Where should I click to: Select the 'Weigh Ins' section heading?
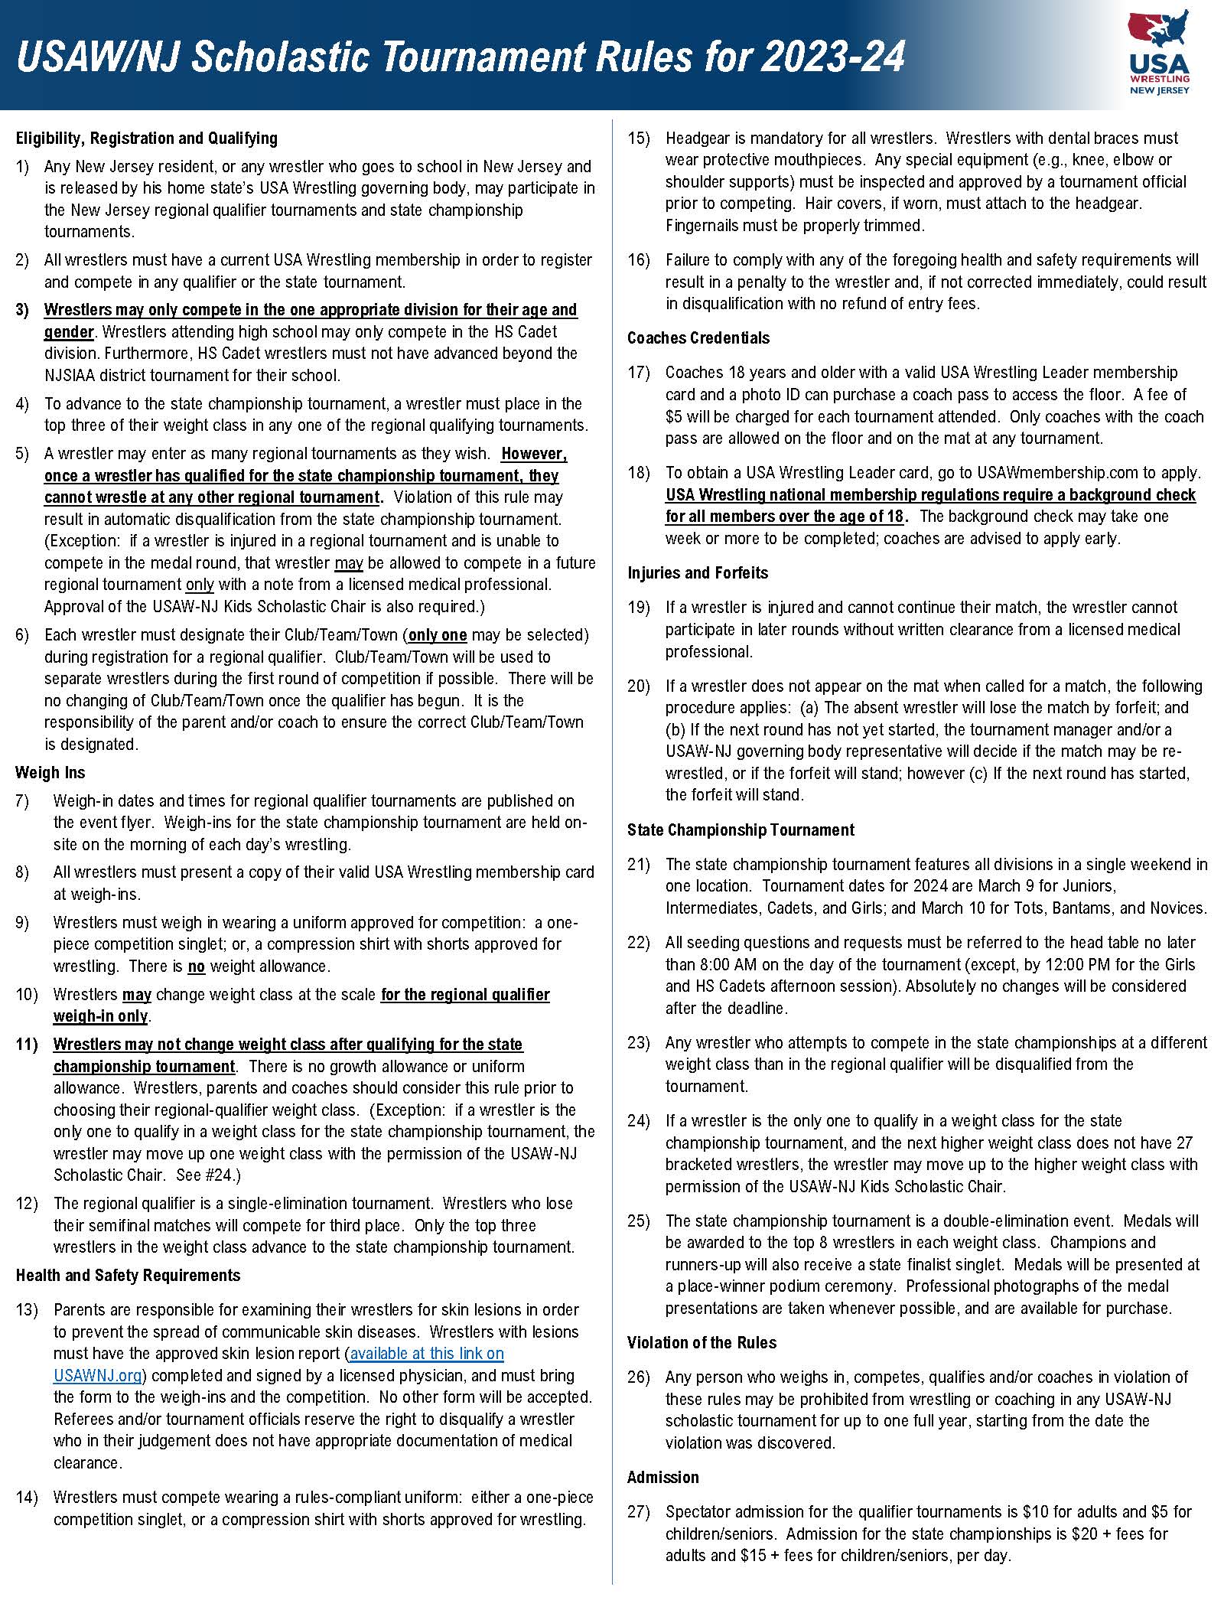(50, 773)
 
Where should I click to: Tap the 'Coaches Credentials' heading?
(698, 338)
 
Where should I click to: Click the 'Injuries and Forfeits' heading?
(698, 573)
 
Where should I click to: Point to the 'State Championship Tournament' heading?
(741, 830)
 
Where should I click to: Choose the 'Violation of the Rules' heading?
(702, 1343)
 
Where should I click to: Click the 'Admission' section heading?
(662, 1478)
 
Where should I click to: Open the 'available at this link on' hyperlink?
(427, 1354)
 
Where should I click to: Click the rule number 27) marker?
(639, 1512)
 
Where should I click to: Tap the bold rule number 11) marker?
(27, 1045)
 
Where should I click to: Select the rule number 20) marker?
(639, 686)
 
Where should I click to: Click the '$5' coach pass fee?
(674, 417)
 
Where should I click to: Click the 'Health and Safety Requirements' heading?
(128, 1276)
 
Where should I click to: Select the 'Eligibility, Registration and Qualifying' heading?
(146, 139)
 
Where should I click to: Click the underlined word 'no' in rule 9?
(197, 966)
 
